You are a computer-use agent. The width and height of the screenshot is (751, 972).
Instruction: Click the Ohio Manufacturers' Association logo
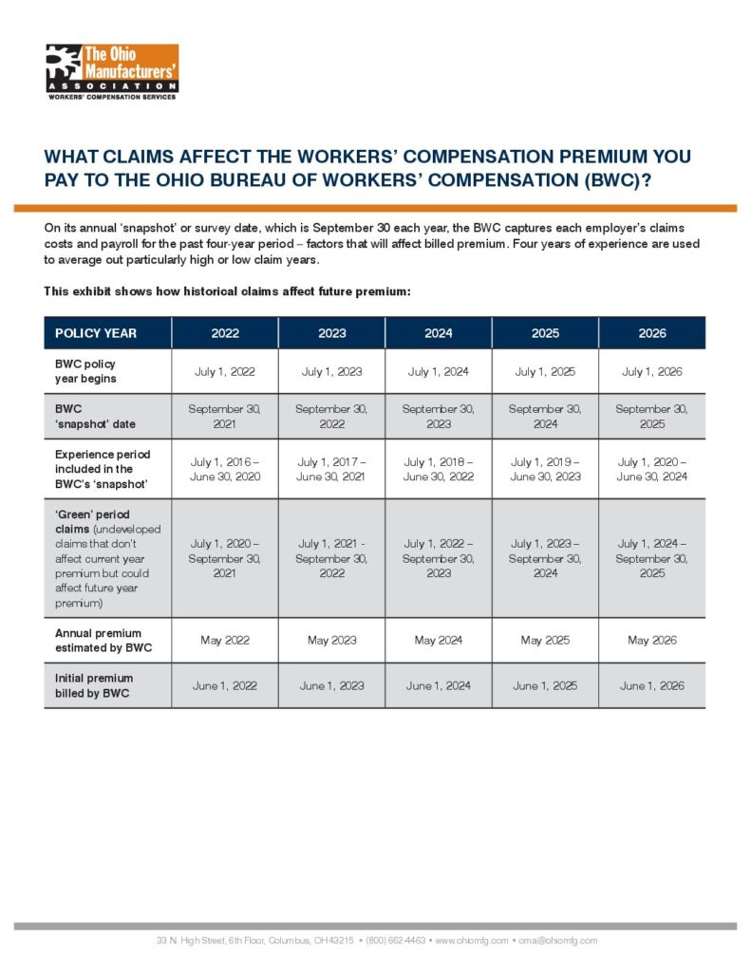[x=112, y=70]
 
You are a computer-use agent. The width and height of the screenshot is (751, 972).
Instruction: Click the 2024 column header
[x=439, y=333]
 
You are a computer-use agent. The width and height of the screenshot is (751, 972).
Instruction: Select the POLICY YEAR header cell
[x=96, y=333]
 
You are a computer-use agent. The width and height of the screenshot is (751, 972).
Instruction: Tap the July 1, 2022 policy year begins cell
[x=225, y=371]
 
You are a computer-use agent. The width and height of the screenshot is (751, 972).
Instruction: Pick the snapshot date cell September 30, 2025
[x=652, y=416]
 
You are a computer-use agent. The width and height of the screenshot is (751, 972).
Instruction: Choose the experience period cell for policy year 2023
[x=331, y=469]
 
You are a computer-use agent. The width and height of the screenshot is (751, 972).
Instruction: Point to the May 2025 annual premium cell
[x=545, y=640]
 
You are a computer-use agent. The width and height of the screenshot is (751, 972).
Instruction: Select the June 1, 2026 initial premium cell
[x=652, y=685]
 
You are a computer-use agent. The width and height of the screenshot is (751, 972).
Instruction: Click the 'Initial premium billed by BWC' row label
[x=94, y=685]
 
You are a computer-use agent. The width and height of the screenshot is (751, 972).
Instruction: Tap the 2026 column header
[x=652, y=333]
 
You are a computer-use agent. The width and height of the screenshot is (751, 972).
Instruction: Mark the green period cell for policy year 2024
[x=439, y=558]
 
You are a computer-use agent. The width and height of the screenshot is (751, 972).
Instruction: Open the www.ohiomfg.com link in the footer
[x=471, y=941]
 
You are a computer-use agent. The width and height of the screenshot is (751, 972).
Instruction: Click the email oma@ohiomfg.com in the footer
[x=557, y=941]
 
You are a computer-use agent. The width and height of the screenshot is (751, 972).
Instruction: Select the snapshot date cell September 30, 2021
[x=225, y=416]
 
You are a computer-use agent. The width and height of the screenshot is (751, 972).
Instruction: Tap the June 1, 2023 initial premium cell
[x=331, y=685]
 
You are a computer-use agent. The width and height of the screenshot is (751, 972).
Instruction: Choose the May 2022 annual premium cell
[x=225, y=640]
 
